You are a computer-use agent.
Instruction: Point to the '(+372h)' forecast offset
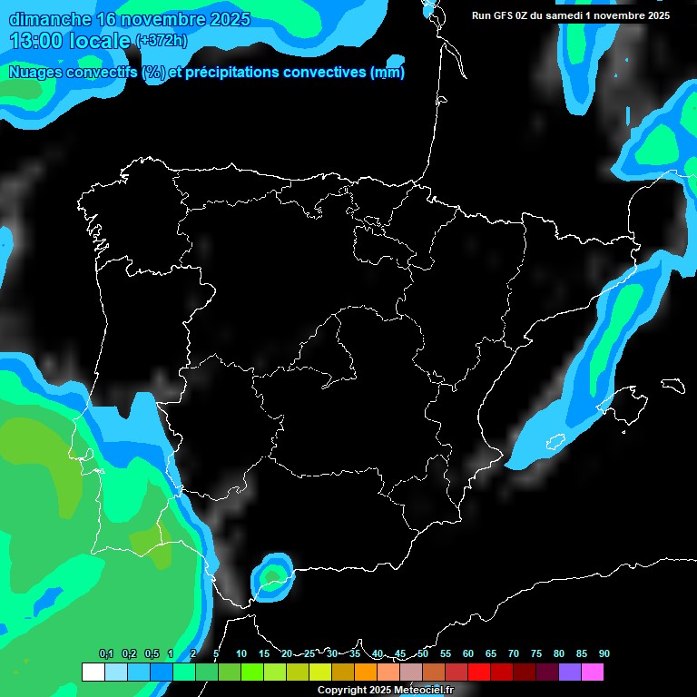tap(161, 41)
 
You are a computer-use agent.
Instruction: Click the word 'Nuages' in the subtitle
tap(34, 73)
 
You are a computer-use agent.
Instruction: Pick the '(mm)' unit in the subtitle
tap(388, 73)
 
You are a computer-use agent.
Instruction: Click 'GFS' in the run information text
tap(509, 15)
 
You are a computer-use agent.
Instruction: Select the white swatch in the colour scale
tap(93, 672)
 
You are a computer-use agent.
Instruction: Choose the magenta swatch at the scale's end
tap(593, 672)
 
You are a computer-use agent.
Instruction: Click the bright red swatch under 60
tap(479, 672)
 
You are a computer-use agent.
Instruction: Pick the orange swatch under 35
tap(366, 672)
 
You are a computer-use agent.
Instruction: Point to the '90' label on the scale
tap(604, 653)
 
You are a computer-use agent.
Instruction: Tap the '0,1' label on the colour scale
tap(105, 653)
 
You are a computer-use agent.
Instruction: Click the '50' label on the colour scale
tap(423, 653)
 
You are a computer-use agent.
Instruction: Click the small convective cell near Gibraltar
tap(273, 575)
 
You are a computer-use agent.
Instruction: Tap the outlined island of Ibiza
tap(556, 441)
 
